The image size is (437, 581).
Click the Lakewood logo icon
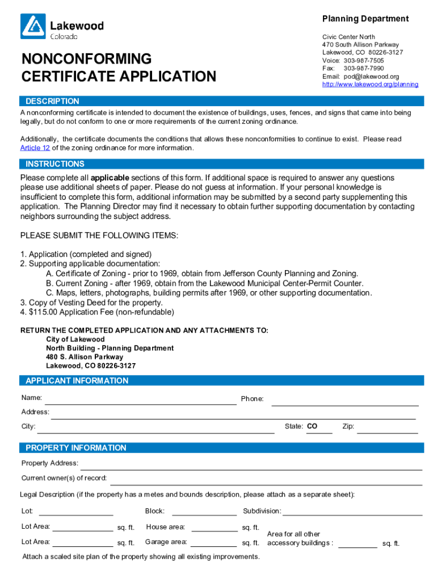pos(33,27)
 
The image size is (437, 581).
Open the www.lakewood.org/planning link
pos(370,85)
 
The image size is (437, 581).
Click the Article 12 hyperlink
pos(35,148)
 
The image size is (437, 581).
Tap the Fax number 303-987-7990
pos(363,69)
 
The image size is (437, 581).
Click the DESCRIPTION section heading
pos(52,101)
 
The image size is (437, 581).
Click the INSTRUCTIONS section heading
pos(54,164)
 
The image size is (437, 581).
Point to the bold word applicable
pos(110,178)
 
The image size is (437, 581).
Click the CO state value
pos(312,426)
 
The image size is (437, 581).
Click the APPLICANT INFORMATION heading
pos(77,381)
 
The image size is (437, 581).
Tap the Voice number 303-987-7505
pos(363,61)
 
